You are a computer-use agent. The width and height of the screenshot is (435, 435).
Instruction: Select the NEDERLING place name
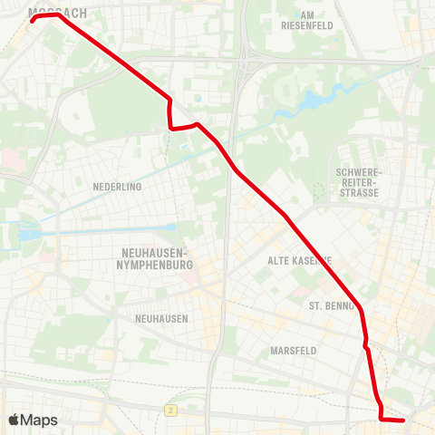[x=118, y=187]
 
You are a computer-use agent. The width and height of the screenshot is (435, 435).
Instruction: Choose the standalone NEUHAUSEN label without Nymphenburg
[x=161, y=318]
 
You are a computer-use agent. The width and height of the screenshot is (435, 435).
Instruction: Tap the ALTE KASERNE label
[x=300, y=260]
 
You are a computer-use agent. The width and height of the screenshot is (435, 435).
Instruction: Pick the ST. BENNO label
[x=331, y=306]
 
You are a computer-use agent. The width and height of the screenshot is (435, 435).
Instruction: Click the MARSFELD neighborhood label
[x=293, y=350]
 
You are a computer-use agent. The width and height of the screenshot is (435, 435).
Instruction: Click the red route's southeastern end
[x=403, y=420]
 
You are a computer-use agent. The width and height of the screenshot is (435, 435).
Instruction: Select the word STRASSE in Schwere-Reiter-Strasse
[x=360, y=193]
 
